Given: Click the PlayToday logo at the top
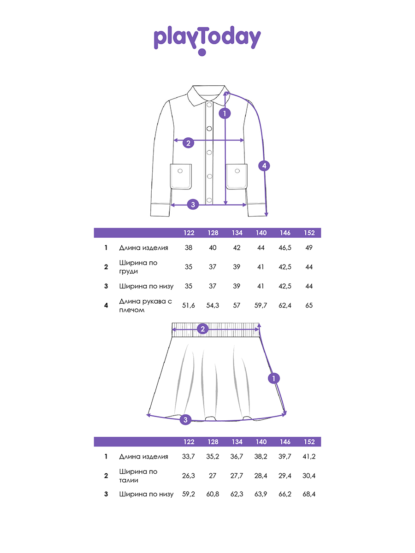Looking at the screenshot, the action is pos(207,40).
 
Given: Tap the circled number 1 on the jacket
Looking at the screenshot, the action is pos(225,113).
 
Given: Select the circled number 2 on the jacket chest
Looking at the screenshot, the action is pos(188,143).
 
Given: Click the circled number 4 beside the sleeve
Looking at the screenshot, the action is pos(264,166).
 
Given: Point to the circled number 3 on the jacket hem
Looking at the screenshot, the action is pos(193,204).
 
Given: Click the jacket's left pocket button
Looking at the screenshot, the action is pos(180,171).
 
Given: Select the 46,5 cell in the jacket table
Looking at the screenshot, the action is pos(285,247).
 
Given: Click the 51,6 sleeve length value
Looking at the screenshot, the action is pos(188,306).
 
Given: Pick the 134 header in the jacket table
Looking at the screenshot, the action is pos(237,233).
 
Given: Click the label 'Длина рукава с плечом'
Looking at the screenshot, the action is pos(145,306).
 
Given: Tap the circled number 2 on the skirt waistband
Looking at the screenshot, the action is pos(202,329).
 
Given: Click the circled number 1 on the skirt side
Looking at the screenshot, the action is pos(273,378).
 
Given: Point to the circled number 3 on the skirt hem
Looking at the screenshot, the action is pos(185,419).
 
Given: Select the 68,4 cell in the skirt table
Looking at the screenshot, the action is pos(309,494).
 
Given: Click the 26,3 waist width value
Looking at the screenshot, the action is pos(188,476).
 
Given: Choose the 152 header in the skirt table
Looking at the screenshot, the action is pos(309,441).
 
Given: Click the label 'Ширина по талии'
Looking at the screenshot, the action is pos(138,476).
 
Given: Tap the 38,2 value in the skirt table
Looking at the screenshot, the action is pos(261,456).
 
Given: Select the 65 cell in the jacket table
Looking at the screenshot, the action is pos(309,306).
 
